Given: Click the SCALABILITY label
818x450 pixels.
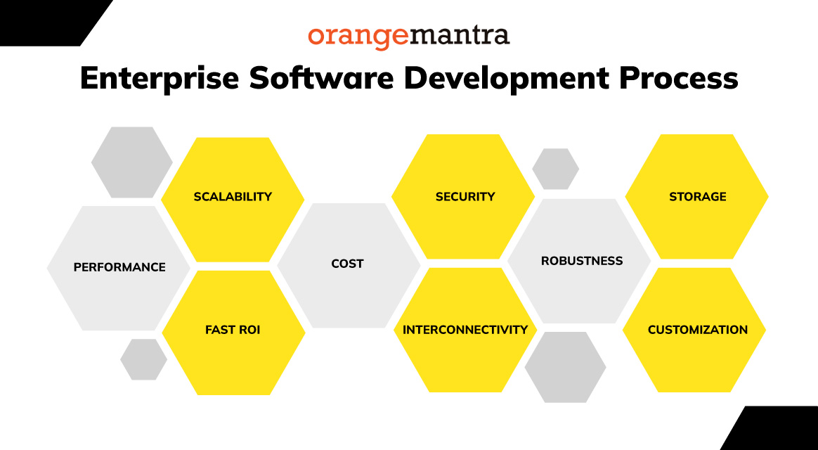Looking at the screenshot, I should point(233,197).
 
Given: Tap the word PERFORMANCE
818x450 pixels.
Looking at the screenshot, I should point(119,267).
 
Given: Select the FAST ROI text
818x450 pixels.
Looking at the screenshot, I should point(233,330).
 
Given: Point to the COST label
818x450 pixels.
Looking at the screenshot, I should point(347,264).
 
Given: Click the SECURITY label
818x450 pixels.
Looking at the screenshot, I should point(465,197).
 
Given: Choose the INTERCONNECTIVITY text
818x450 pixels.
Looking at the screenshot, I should point(465,330).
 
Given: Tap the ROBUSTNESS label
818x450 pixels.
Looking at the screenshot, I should point(582,261).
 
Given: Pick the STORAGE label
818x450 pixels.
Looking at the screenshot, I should point(697,197).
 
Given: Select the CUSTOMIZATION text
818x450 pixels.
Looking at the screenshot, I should point(697,330).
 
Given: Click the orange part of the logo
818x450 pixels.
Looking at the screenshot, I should point(358,37).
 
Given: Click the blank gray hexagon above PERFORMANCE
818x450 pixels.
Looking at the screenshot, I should point(131,162).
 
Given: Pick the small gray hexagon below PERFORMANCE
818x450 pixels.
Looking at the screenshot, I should point(143,359).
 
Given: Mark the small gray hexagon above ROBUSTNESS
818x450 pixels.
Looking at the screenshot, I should point(555,169).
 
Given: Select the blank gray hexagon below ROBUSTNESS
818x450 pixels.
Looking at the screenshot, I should point(565,367).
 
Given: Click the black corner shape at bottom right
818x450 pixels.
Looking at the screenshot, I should point(780,430).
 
